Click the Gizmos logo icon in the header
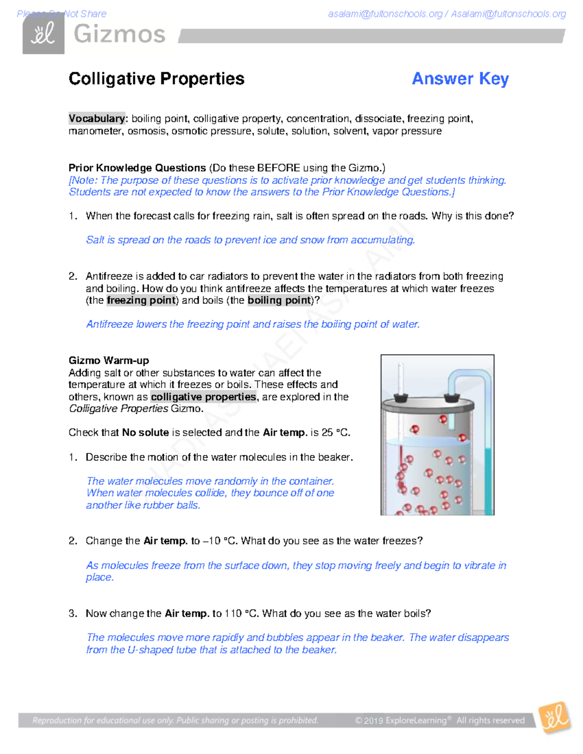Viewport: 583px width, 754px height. pos(43,35)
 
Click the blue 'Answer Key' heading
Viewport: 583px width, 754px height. pos(460,79)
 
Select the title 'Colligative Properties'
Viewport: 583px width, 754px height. pos(156,79)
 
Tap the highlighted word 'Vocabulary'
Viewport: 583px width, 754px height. pos(97,118)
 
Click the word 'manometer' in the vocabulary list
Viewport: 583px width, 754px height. pos(95,131)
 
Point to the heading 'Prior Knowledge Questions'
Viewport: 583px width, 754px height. pos(137,168)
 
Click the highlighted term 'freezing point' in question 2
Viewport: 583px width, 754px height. pos(141,301)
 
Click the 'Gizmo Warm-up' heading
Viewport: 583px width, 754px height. pos(109,360)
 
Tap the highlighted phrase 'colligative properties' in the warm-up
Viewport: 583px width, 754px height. pos(203,397)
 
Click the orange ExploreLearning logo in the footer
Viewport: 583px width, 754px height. pos(555,717)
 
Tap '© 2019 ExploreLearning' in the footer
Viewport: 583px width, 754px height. pos(400,720)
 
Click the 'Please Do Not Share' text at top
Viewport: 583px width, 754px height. pos(62,14)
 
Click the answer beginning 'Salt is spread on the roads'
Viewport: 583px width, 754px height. pos(250,240)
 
